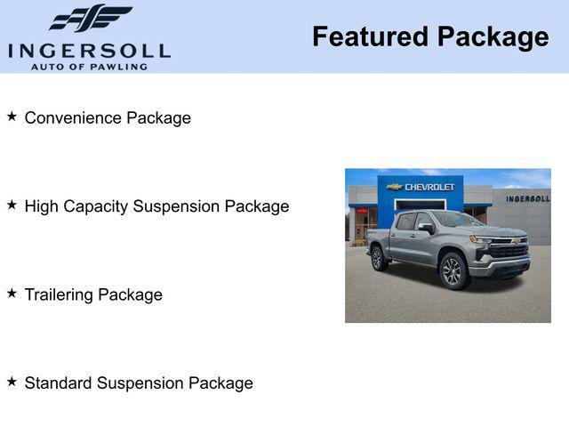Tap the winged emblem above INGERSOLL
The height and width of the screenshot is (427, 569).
click(90, 18)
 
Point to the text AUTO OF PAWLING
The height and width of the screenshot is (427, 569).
click(89, 66)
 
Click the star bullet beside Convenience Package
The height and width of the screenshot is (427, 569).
click(12, 117)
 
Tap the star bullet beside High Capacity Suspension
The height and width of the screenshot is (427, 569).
click(12, 205)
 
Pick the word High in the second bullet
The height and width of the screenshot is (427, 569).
click(41, 206)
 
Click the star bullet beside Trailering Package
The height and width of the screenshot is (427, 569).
click(12, 293)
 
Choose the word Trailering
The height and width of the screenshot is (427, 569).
click(59, 294)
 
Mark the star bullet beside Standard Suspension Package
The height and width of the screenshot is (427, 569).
click(12, 382)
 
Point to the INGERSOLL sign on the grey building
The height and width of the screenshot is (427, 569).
click(527, 198)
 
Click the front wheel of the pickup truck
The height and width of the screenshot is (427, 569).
click(453, 270)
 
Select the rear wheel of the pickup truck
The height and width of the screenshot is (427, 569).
click(379, 258)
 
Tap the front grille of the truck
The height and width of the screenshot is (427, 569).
click(509, 250)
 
